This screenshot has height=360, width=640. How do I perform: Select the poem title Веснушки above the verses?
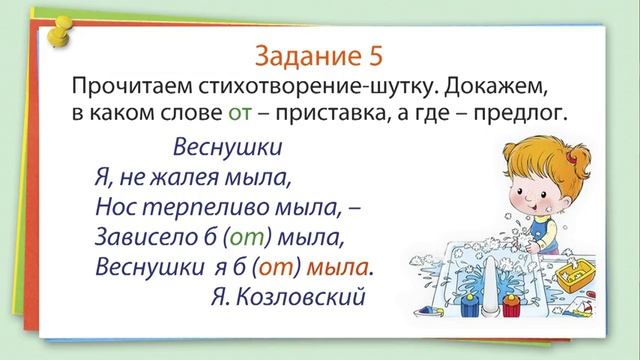[x=227, y=149]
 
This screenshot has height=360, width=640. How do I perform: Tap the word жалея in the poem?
[x=189, y=179]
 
